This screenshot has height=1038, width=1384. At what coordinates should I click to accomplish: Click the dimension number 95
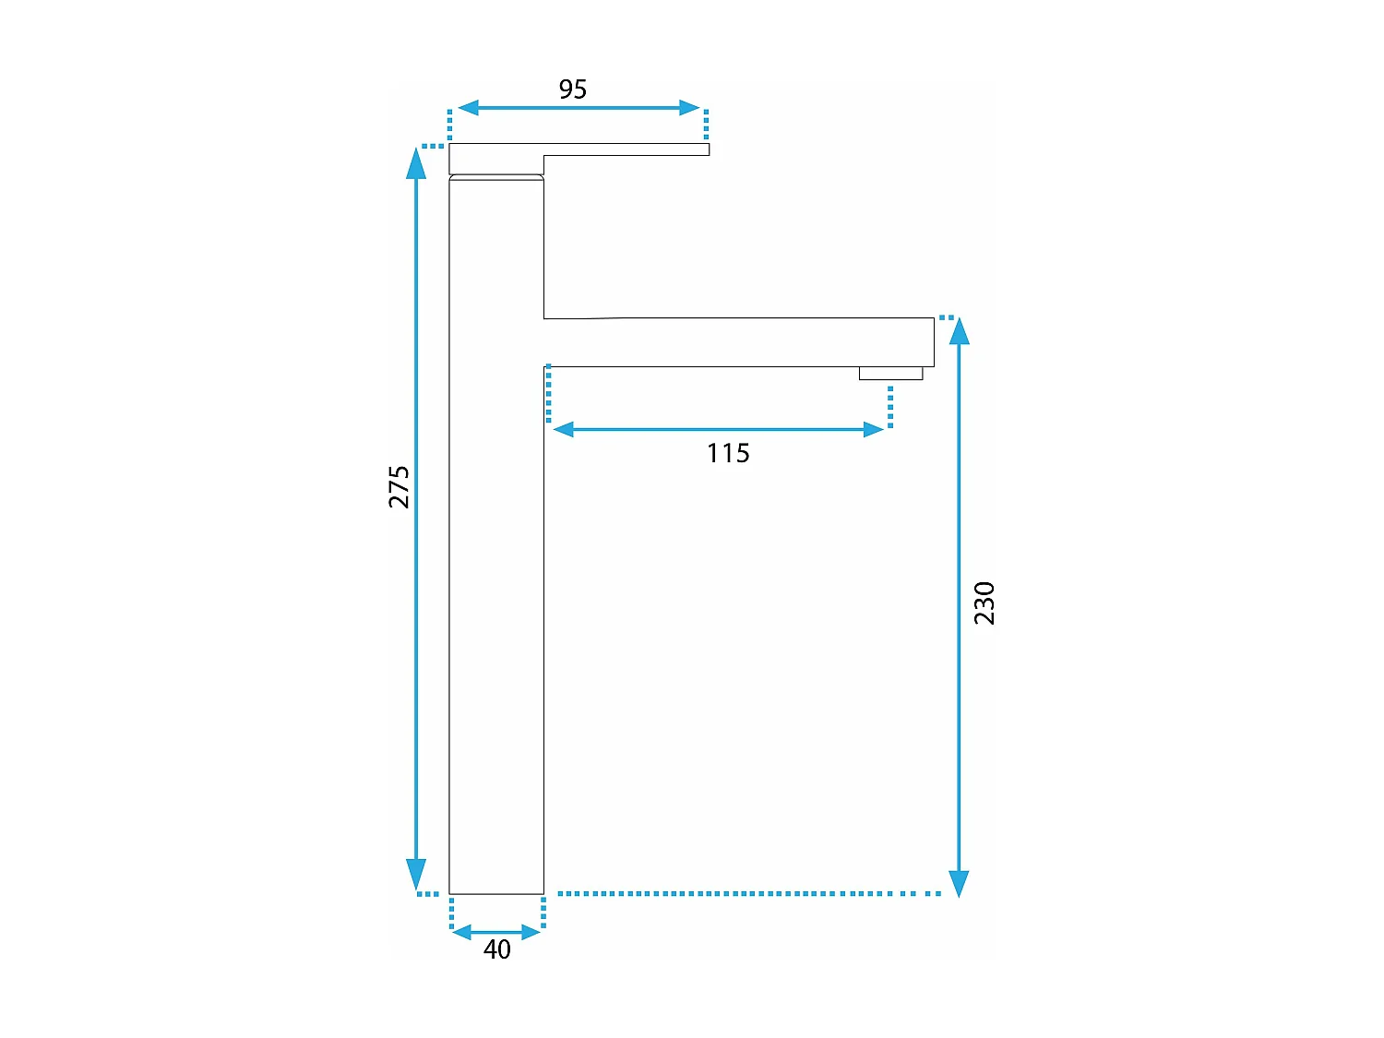[572, 89]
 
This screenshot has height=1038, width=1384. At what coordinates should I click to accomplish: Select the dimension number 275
[399, 486]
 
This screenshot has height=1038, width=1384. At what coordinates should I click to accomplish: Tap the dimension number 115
[728, 453]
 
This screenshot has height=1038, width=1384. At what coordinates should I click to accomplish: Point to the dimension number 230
[984, 603]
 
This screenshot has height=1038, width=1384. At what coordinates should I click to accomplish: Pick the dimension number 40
[496, 949]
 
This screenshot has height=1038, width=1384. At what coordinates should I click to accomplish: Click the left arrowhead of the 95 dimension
[469, 108]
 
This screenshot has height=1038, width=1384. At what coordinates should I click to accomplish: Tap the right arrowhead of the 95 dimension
[689, 108]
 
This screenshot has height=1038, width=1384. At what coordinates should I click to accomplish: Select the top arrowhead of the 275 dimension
[417, 163]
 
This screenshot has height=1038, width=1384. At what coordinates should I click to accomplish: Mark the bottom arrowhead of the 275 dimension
[417, 873]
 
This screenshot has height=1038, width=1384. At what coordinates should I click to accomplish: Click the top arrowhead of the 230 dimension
[960, 331]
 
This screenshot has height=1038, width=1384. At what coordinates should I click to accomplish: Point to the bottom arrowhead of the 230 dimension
[960, 882]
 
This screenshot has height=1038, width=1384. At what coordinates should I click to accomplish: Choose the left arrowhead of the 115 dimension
[564, 429]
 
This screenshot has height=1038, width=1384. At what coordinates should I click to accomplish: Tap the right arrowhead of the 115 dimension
[873, 429]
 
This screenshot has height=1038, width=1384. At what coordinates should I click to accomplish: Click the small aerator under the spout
[890, 373]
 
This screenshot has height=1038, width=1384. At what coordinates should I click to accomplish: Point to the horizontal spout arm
[738, 342]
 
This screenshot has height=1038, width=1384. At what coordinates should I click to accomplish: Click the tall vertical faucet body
[496, 554]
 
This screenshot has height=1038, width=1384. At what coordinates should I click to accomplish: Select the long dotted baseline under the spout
[747, 893]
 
